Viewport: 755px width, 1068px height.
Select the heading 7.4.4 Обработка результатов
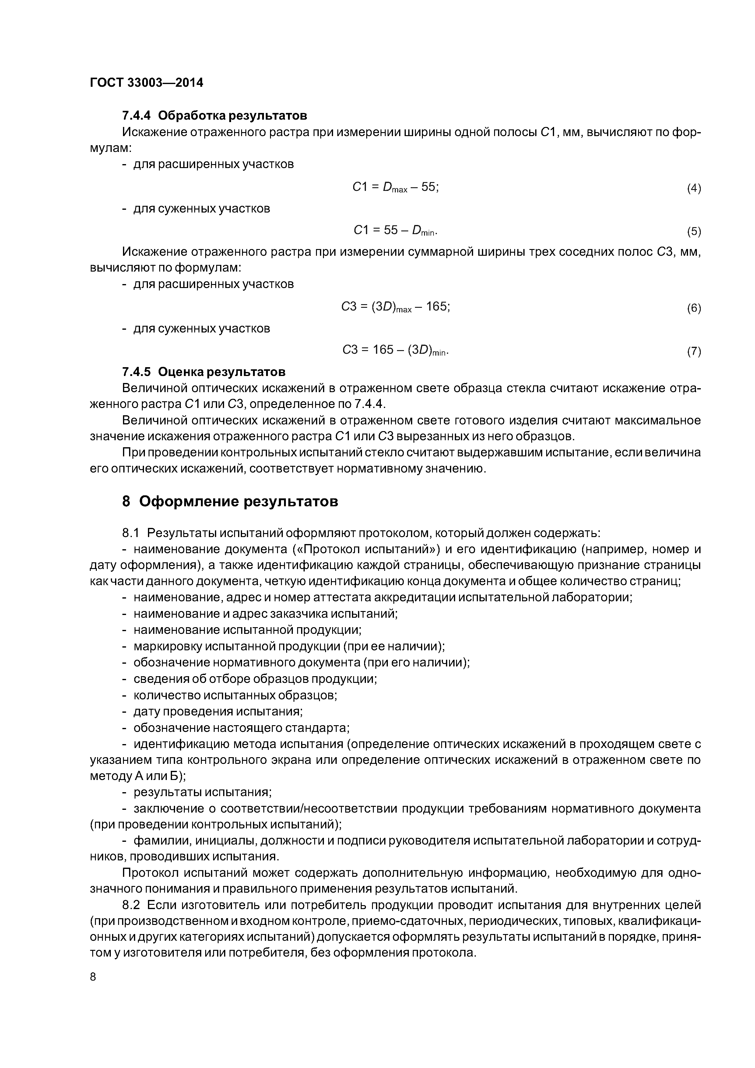pos(214,115)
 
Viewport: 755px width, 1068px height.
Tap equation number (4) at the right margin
pos(694,188)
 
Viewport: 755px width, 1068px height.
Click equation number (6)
pos(694,308)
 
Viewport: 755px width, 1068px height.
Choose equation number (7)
pos(694,351)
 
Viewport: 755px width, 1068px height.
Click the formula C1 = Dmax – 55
pos(395,187)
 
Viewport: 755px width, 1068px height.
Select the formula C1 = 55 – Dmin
pos(395,230)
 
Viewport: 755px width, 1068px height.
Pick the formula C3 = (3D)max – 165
pos(395,307)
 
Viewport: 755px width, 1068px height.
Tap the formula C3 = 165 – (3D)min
pos(395,350)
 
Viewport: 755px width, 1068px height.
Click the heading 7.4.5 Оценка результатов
pos(204,372)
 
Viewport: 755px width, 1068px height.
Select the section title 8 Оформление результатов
pos(230,501)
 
